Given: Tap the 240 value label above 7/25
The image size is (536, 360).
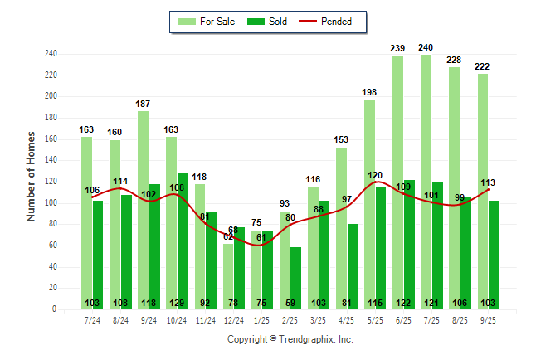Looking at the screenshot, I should tap(426, 47).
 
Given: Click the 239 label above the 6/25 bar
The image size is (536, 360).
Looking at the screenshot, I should tap(397, 48).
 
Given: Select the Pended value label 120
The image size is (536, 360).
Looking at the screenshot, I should tap(375, 176).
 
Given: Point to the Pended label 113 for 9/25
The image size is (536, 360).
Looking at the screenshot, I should tap(487, 183).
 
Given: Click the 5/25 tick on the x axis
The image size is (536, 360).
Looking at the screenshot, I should tap(375, 319).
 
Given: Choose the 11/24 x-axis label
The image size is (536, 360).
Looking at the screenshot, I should tap(205, 319).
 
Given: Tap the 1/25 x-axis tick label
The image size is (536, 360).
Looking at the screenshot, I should tap(261, 319).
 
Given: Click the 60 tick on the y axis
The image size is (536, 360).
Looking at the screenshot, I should tap(53, 246).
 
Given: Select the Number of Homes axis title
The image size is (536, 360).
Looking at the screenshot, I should tap(32, 176).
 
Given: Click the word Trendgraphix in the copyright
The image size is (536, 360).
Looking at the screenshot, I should tap(309, 339).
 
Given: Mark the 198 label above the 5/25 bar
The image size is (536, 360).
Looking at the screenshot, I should tap(369, 92).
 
